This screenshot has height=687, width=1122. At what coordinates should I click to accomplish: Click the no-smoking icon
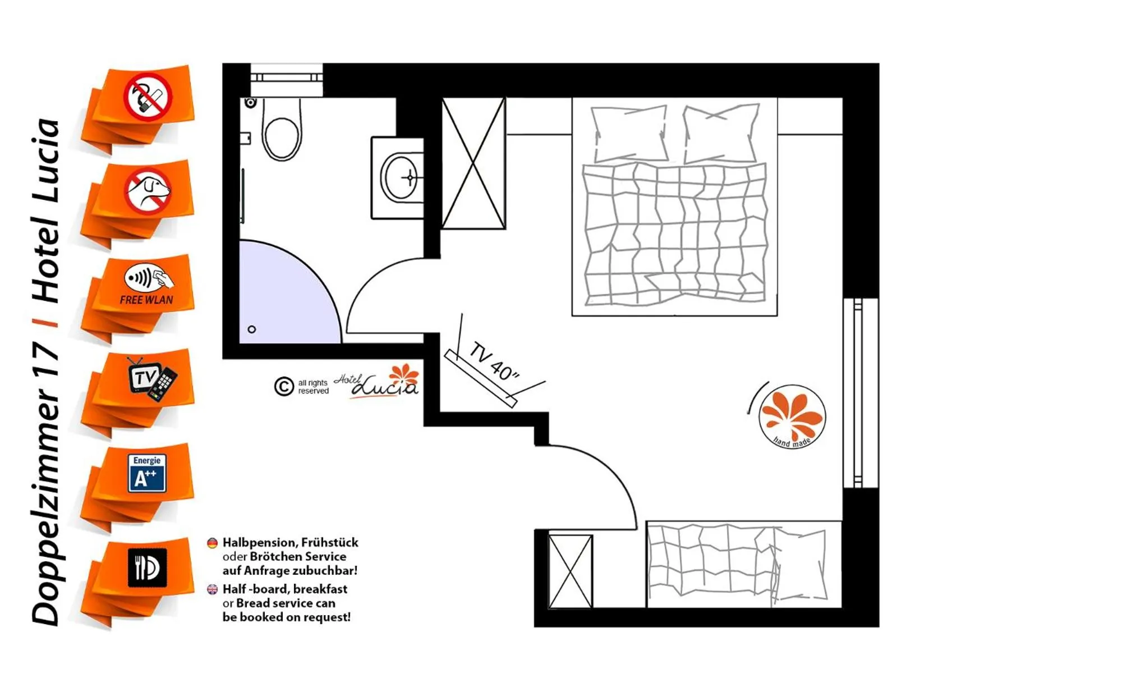pos(148,97)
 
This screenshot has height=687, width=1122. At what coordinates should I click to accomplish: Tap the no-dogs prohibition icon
pos(148,191)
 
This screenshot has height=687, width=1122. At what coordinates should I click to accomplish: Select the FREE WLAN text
pos(146,300)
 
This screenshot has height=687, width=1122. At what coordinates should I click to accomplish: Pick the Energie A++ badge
pos(147,473)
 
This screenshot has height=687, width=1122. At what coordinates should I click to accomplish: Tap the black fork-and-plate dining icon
pos(148,567)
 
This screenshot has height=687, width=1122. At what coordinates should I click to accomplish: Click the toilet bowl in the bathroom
pos(282,129)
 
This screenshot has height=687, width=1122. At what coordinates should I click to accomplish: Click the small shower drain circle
pos(252,329)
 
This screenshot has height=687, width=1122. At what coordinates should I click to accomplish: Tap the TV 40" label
pos(494,361)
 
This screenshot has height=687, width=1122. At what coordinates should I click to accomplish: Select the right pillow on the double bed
pos(721,133)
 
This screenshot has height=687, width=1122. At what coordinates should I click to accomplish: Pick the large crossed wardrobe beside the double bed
pos(473,163)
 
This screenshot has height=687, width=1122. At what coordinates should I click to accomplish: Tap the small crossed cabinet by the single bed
pos(571,571)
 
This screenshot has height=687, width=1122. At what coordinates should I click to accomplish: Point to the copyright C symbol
pos(284,386)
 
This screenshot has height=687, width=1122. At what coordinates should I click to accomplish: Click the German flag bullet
pos(212,543)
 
